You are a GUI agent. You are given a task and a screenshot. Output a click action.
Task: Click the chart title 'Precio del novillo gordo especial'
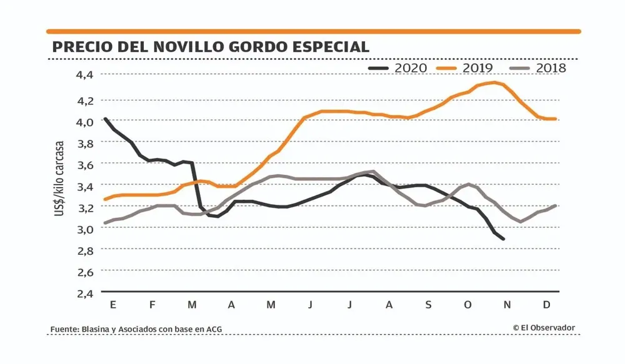point(211,47)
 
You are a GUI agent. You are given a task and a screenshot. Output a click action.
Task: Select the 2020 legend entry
point(398,67)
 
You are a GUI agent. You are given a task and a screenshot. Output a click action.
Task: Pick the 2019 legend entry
point(466,67)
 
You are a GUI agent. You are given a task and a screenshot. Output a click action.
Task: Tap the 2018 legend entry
point(537,67)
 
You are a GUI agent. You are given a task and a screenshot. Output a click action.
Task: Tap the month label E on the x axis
point(112,305)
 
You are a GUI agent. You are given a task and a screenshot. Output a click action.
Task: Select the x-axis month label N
point(507,305)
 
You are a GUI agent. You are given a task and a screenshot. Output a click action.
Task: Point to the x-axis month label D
point(546,305)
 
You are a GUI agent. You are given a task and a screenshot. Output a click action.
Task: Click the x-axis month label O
point(467,305)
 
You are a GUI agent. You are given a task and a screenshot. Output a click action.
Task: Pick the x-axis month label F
point(152,305)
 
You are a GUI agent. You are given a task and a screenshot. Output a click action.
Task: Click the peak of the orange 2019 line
point(495,82)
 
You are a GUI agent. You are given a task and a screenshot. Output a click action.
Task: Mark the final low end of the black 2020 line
point(503,239)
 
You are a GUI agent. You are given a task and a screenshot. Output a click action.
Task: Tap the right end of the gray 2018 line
point(555,205)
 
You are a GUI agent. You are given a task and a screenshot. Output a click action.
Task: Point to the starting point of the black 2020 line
point(105,119)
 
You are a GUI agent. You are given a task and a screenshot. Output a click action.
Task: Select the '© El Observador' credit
point(544,328)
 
